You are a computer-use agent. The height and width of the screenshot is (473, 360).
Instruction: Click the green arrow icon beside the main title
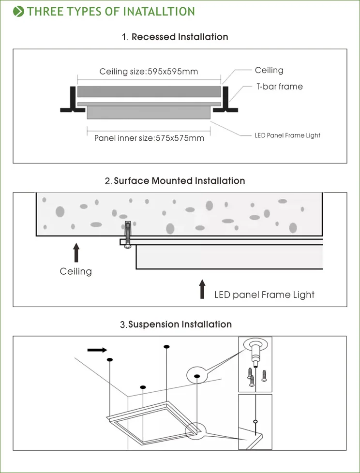tap(19, 12)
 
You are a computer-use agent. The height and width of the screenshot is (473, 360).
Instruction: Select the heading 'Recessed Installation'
tap(180, 37)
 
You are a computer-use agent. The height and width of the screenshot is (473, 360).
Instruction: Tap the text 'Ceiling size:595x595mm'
tap(149, 72)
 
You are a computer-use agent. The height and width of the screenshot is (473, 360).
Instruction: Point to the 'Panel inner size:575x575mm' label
tap(149, 138)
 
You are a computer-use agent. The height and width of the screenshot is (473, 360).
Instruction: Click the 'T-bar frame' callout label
tap(279, 87)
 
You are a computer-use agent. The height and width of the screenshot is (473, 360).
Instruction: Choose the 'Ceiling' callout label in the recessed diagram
tap(269, 70)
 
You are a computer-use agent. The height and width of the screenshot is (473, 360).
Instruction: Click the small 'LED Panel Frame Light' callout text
tap(287, 135)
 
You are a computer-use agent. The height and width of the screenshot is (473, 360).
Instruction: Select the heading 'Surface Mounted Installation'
tap(179, 181)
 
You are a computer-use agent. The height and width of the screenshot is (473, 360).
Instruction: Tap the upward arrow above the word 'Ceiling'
tap(76, 252)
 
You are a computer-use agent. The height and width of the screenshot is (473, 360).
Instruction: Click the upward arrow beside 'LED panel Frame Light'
tap(202, 289)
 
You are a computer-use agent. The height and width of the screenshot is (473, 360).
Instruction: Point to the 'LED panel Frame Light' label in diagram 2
tap(264, 295)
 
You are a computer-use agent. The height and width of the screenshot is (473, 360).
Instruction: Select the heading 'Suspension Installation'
tap(180, 324)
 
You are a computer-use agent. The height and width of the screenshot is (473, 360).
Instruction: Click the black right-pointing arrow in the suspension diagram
tap(97, 350)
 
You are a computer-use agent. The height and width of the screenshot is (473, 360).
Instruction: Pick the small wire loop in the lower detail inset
tap(255, 421)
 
